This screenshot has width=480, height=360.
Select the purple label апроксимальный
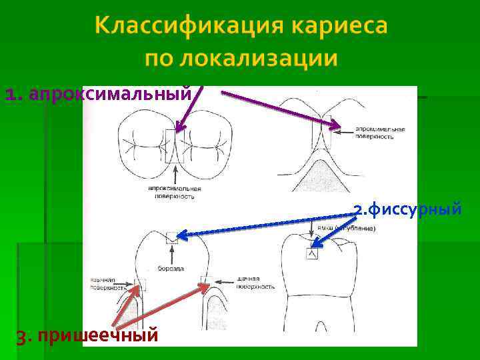pos(111,94)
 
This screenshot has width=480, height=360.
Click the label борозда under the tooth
pos(171,268)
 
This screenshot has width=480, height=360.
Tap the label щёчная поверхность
pos(255,283)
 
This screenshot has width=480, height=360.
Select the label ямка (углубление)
pos(346,228)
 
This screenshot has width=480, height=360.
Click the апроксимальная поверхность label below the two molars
pos(175,193)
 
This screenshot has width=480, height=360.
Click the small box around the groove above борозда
pos(172,236)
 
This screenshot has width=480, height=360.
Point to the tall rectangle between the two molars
pos(174,146)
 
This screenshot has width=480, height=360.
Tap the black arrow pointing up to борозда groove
pos(172,253)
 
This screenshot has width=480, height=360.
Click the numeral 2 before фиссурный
pos(358,211)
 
